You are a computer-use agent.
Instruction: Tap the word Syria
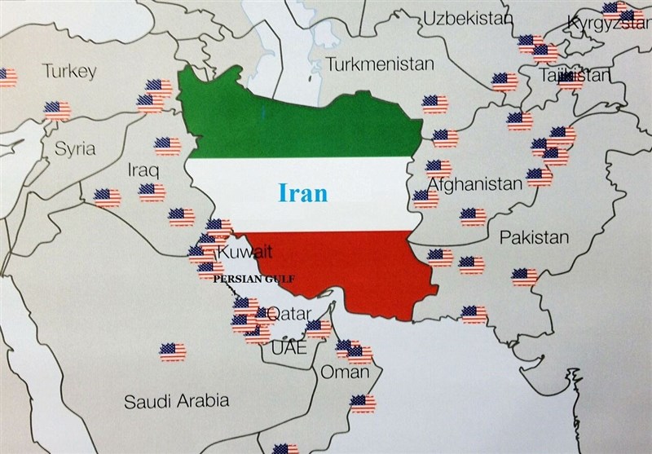pos(75,148)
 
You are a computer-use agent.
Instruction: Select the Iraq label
pos(143,170)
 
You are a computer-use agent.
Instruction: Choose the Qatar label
pos(289,313)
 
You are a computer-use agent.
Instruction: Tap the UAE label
pos(284,347)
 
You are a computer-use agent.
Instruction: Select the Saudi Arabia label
pos(176,401)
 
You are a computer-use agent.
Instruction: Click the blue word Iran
pos(303,192)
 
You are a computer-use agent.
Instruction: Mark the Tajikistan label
pos(574,76)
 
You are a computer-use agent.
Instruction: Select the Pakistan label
pos(534,238)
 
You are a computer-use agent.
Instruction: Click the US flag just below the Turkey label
pos(57,109)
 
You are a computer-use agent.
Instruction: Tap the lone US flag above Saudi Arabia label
pos(172,352)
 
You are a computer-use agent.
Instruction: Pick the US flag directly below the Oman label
pos(363,403)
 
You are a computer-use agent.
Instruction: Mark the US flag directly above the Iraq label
pos(168,145)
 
